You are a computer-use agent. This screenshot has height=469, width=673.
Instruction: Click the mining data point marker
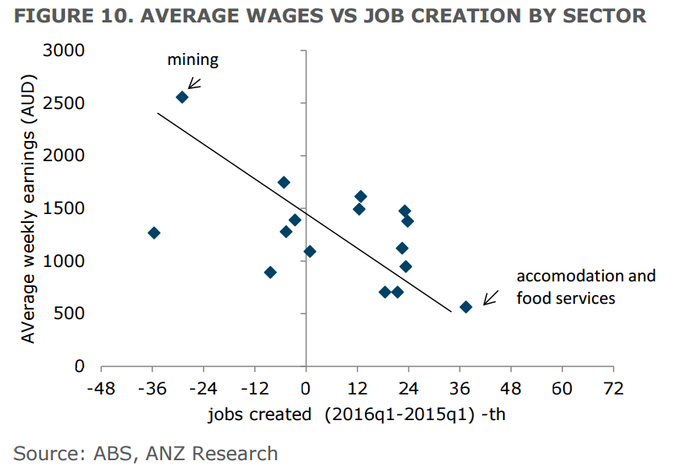tap(182, 97)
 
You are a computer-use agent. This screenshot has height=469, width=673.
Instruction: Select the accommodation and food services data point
tap(466, 307)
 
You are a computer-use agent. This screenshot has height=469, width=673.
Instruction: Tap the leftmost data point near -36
tap(154, 232)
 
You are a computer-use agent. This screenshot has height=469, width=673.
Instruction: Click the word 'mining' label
tap(193, 59)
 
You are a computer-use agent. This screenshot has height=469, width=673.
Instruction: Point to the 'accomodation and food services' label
tap(586, 287)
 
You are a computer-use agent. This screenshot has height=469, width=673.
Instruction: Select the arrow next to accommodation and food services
tap(489, 298)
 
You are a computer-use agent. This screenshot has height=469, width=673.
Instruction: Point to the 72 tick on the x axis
tap(614, 389)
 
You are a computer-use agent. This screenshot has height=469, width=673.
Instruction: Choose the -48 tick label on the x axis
tap(101, 389)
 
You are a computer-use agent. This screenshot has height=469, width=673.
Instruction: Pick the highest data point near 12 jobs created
tap(360, 196)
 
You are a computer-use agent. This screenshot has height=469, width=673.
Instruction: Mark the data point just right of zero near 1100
tap(310, 252)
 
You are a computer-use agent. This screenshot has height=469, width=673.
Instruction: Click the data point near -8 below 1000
tap(270, 273)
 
